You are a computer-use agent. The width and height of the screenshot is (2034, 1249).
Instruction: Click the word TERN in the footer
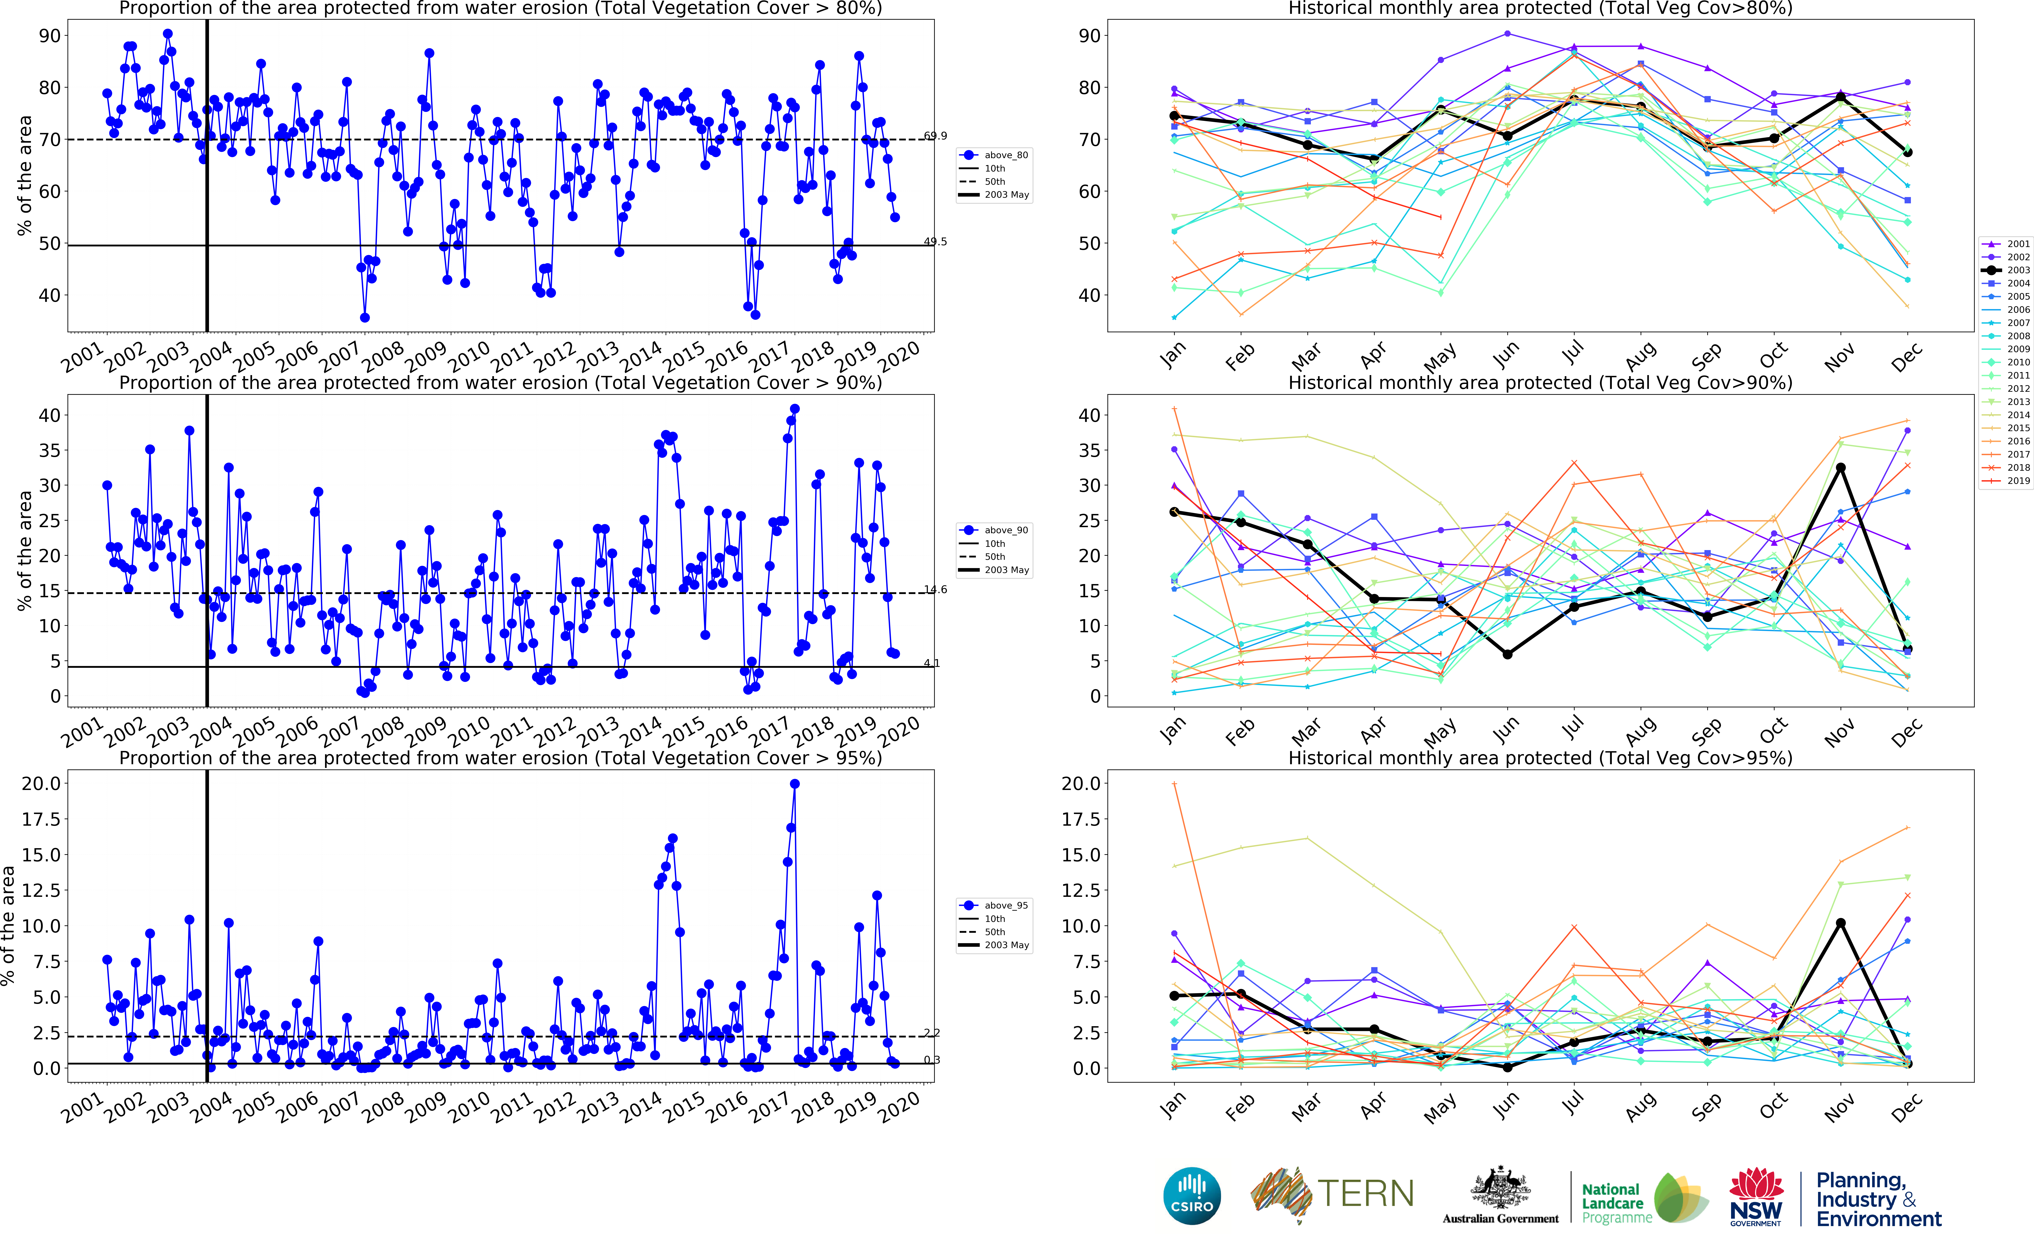coord(1365,1194)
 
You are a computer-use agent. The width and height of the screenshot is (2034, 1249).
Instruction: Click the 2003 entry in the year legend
coord(2008,270)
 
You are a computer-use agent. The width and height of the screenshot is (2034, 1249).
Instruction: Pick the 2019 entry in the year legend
coord(2008,481)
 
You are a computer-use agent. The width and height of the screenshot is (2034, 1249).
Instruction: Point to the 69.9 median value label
coord(935,135)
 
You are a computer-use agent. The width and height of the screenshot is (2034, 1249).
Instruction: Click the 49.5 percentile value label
coord(935,242)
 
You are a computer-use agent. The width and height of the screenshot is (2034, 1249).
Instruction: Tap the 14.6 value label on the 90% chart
coord(935,590)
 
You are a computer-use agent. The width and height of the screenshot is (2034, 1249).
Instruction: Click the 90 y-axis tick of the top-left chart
coord(50,35)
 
